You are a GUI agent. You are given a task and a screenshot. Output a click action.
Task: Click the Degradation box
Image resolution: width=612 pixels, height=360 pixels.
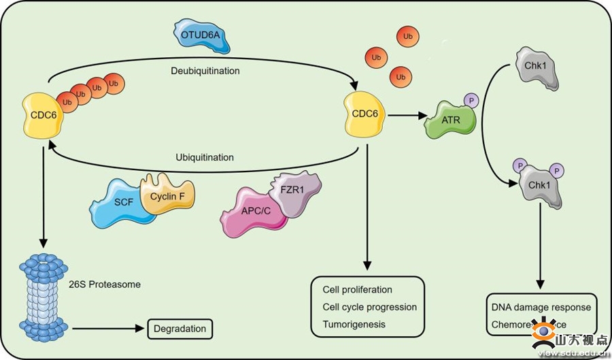tap(180, 329)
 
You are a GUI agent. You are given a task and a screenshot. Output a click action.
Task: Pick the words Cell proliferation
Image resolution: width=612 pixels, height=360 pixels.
tap(358, 290)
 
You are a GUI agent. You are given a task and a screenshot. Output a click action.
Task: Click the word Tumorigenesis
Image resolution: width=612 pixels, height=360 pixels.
tap(354, 324)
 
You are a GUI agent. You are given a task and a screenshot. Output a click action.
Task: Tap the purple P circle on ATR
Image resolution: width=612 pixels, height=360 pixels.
tap(469, 101)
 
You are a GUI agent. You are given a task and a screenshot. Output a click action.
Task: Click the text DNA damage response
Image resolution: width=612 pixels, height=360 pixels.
tap(541, 307)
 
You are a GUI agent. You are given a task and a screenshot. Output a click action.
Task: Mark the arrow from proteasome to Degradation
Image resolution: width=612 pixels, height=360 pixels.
tap(109, 329)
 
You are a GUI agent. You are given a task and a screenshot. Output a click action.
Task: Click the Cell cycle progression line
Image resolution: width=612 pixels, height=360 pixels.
tap(369, 307)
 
